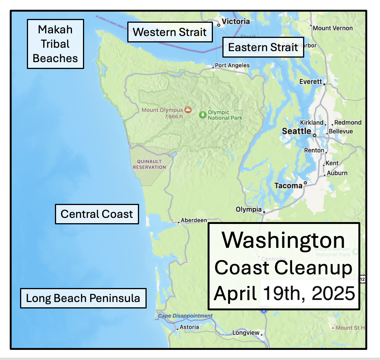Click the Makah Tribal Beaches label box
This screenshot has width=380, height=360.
click(55, 44)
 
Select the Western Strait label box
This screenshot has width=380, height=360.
click(170, 32)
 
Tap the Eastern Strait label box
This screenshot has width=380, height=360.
click(263, 47)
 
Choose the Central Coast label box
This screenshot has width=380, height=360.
click(97, 214)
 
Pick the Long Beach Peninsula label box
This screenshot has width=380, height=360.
click(83, 298)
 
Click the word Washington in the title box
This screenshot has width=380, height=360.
click(283, 240)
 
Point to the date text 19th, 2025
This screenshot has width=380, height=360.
click(309, 293)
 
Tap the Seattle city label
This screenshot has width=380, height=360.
click(297, 131)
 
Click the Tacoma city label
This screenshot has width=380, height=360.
click(288, 185)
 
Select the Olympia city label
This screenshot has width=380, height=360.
click(249, 209)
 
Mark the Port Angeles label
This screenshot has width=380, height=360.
click(232, 65)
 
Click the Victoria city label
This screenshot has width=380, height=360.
click(236, 21)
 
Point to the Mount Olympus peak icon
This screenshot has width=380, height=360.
click(188, 110)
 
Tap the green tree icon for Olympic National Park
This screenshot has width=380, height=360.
click(203, 114)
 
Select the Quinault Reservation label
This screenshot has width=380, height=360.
click(149, 164)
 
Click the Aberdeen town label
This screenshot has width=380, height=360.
click(194, 220)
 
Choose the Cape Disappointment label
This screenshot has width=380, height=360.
click(185, 316)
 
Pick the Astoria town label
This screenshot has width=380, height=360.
click(189, 327)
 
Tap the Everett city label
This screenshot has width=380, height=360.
click(310, 82)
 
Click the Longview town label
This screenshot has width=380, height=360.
click(246, 333)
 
